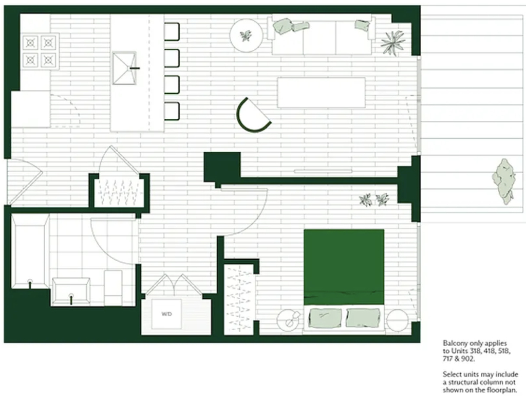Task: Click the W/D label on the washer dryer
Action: (x=167, y=314)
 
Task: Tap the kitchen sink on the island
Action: (x=124, y=68)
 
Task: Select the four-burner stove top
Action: (x=40, y=51)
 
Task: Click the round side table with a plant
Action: (x=246, y=35)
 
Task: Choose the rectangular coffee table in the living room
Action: (x=322, y=93)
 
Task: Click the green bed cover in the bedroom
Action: (x=344, y=267)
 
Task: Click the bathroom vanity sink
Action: (x=71, y=291)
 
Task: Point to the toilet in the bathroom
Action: (x=113, y=287)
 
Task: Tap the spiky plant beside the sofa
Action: (x=392, y=43)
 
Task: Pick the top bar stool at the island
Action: (x=172, y=31)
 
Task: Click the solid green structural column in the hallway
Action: (x=222, y=167)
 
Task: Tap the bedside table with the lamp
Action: (x=290, y=320)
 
